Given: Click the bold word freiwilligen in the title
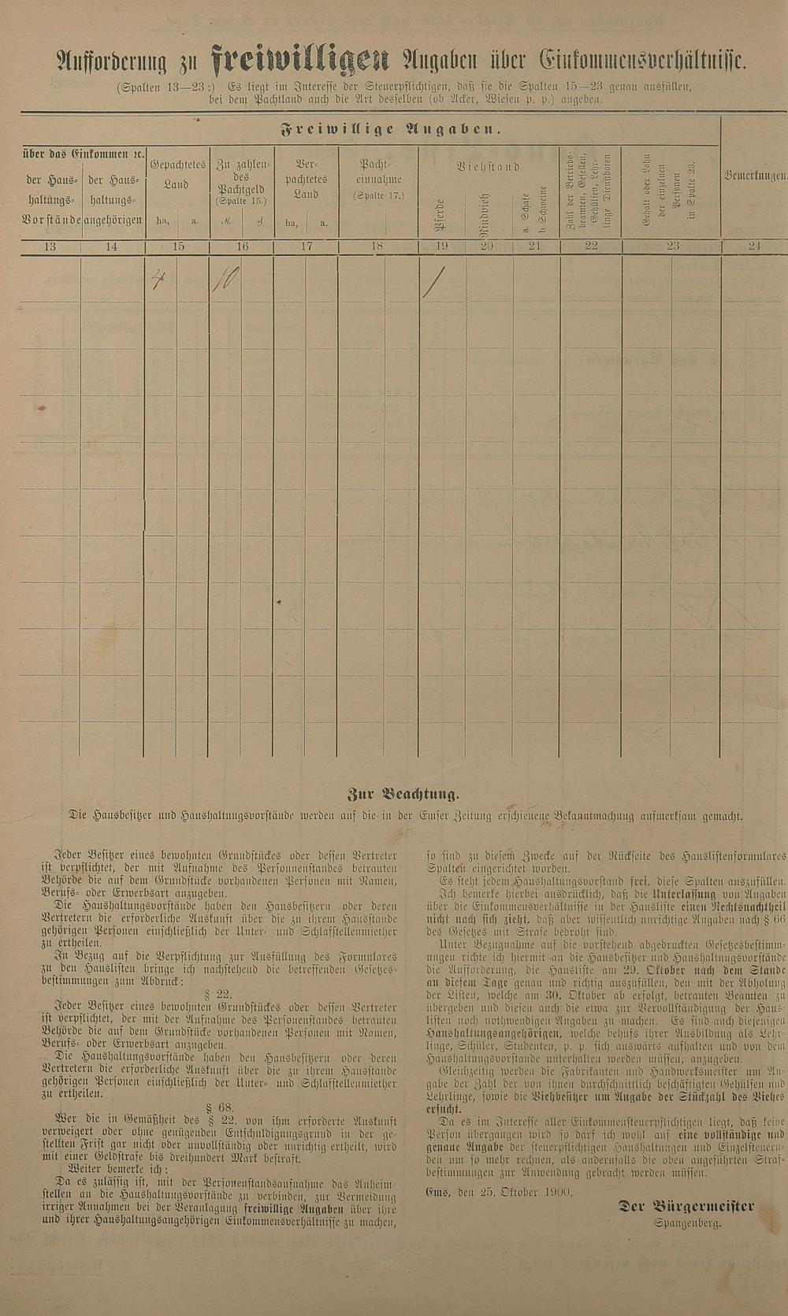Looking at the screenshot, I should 301,59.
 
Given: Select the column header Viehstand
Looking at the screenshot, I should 489,167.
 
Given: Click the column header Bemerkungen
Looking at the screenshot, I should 755,176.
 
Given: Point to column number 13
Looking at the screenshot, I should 50,247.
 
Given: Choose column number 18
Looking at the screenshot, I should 377,247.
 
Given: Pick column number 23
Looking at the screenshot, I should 672,247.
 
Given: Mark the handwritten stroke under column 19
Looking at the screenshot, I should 433,283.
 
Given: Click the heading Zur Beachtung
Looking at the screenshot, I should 403,794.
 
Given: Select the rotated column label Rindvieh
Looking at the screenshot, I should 486,214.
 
